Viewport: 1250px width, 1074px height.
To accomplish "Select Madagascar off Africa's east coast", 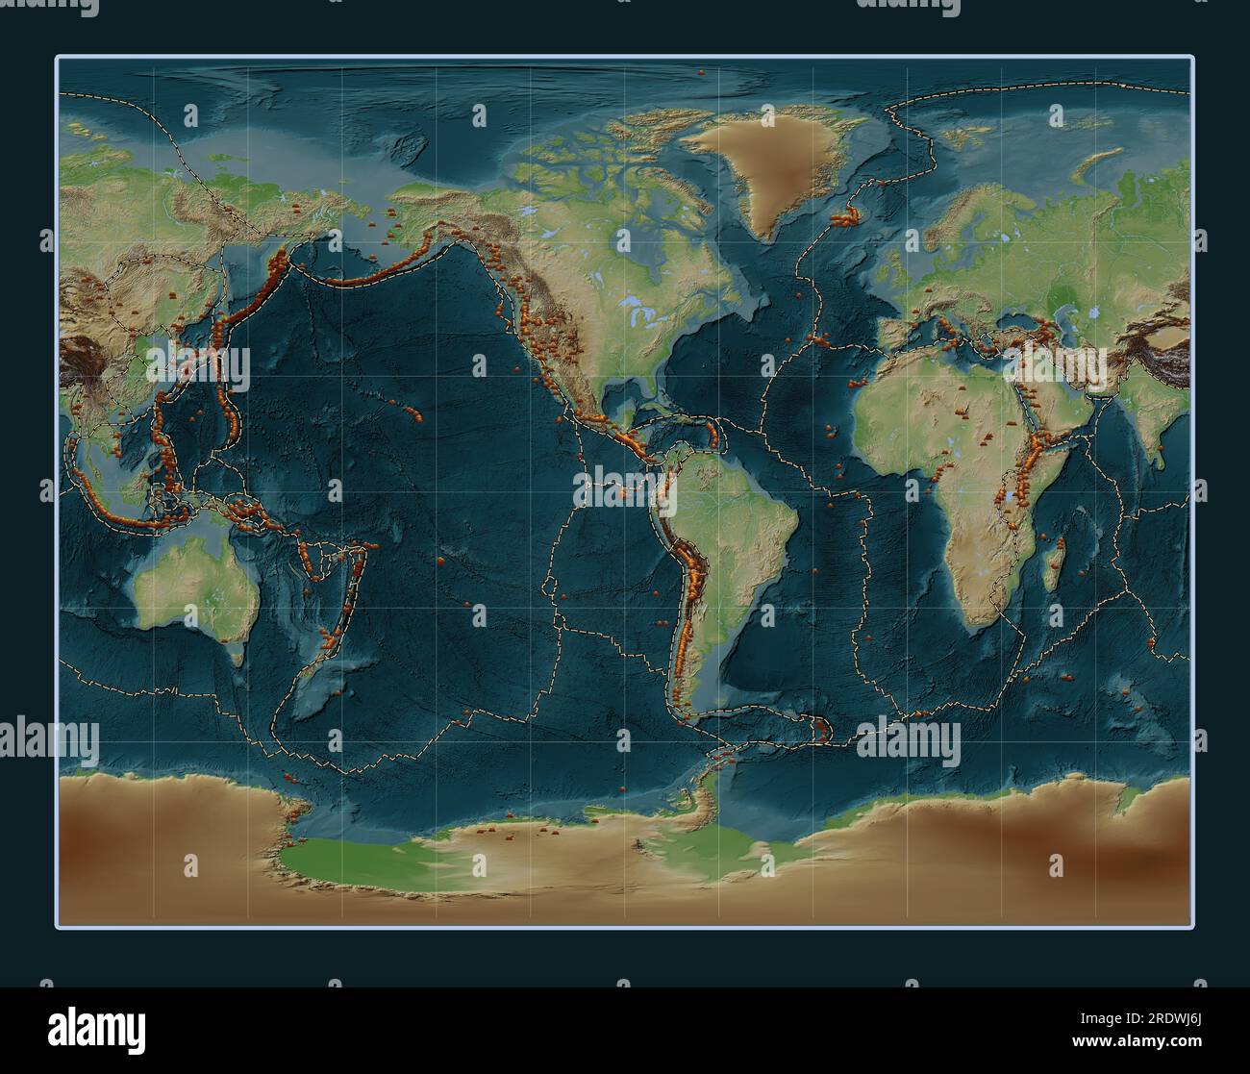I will point(1057,562).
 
